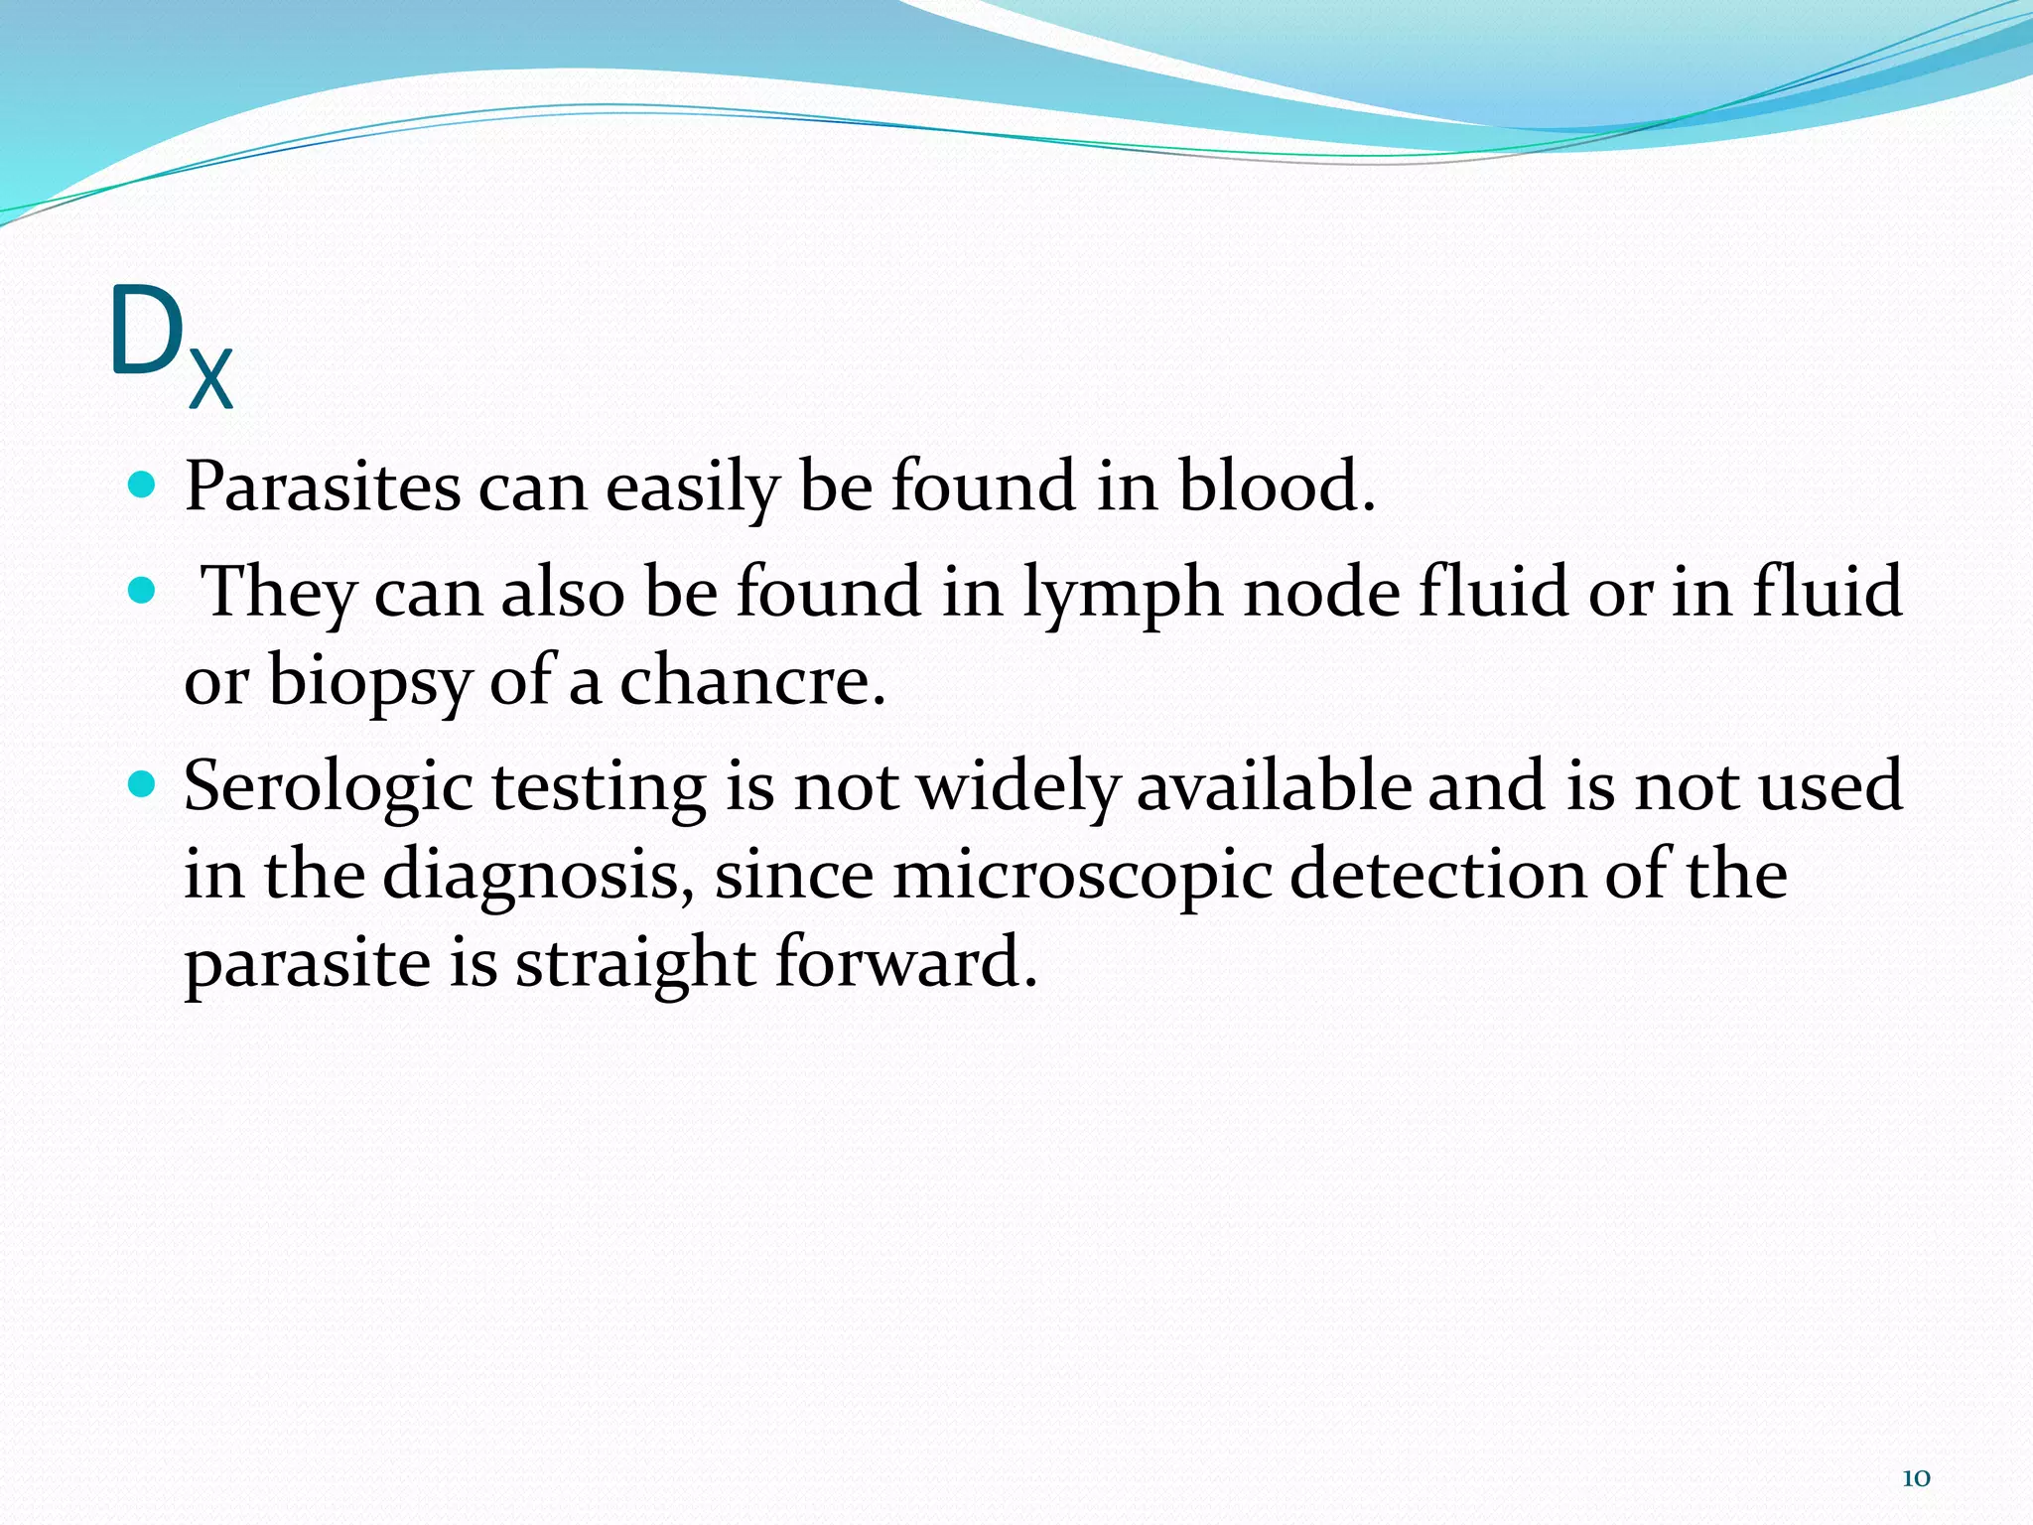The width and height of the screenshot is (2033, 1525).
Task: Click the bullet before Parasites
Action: click(x=143, y=485)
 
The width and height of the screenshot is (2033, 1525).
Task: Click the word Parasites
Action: click(x=323, y=487)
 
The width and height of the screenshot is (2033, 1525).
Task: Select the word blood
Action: click(x=1277, y=487)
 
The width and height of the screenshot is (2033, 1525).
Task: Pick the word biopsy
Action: click(x=369, y=684)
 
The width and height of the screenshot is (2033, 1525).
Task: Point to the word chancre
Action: click(x=751, y=684)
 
